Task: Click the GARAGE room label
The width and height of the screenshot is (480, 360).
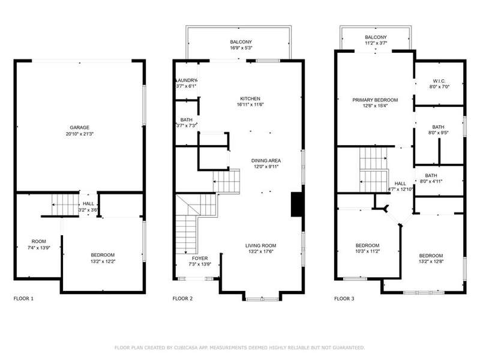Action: click(x=80, y=128)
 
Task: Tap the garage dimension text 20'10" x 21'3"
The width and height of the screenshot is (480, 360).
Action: click(x=80, y=134)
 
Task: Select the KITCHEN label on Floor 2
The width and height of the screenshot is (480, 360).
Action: click(x=250, y=98)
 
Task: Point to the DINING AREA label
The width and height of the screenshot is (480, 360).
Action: click(x=266, y=161)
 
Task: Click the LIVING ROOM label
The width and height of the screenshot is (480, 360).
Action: click(x=260, y=245)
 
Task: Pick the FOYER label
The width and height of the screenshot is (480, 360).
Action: click(x=200, y=259)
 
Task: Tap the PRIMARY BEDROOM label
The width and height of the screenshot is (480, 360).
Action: click(x=375, y=100)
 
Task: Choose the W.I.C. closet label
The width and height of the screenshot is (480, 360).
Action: click(x=439, y=81)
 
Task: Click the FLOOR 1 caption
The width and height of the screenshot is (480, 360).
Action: click(x=23, y=298)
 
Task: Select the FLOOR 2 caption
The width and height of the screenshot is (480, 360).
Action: click(x=182, y=298)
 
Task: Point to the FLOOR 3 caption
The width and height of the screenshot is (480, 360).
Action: click(x=344, y=298)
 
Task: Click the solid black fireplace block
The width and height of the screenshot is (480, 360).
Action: click(x=296, y=205)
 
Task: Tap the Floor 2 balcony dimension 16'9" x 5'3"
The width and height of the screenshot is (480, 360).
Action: click(x=241, y=48)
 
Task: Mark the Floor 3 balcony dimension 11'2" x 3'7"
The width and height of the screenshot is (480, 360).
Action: click(x=376, y=43)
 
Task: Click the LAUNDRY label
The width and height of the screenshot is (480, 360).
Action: click(x=187, y=80)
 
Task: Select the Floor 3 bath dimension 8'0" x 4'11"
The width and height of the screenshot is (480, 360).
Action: click(x=431, y=181)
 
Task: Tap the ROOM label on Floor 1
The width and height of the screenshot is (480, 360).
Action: click(x=38, y=242)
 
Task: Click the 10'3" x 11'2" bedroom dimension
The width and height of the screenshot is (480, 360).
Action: click(x=367, y=251)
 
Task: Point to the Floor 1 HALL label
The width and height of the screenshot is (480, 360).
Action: click(x=88, y=204)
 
